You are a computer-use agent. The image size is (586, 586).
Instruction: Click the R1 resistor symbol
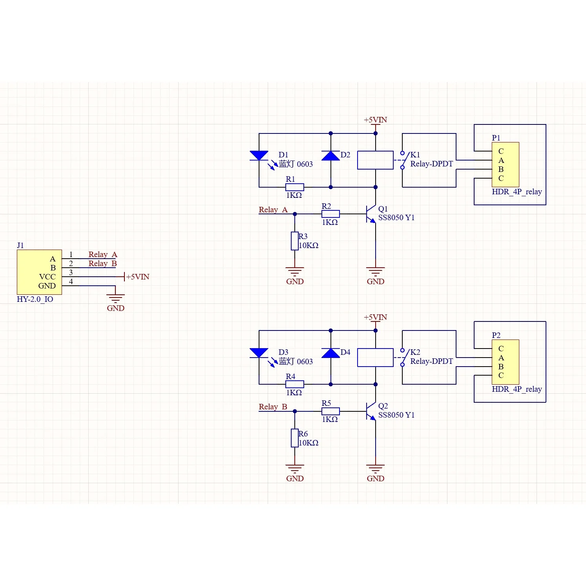294,187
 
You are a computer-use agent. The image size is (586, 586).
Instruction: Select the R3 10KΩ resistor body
295,241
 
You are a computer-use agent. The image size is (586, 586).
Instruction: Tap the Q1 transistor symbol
371,214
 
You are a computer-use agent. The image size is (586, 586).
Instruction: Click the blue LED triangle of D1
259,155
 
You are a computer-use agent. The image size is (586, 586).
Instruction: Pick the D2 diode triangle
330,156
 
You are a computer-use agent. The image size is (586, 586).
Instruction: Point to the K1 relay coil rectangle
375,160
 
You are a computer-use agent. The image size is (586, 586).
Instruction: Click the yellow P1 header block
506,164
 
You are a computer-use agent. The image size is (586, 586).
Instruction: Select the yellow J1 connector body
39,272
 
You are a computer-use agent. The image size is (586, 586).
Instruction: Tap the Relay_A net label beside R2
273,210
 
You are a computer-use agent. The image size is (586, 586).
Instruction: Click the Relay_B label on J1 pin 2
102,263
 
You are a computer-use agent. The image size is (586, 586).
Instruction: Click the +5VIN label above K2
375,317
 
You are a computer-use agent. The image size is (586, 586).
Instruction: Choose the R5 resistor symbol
330,411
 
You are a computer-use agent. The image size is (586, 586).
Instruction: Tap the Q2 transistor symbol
371,411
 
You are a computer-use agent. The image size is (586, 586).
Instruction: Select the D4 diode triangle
330,353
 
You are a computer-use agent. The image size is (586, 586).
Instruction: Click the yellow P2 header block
506,362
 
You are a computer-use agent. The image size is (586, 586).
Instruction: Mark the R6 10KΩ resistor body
295,438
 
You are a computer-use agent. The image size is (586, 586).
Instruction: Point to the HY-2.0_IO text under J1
35,299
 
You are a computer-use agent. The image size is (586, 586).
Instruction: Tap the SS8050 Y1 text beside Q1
396,217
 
